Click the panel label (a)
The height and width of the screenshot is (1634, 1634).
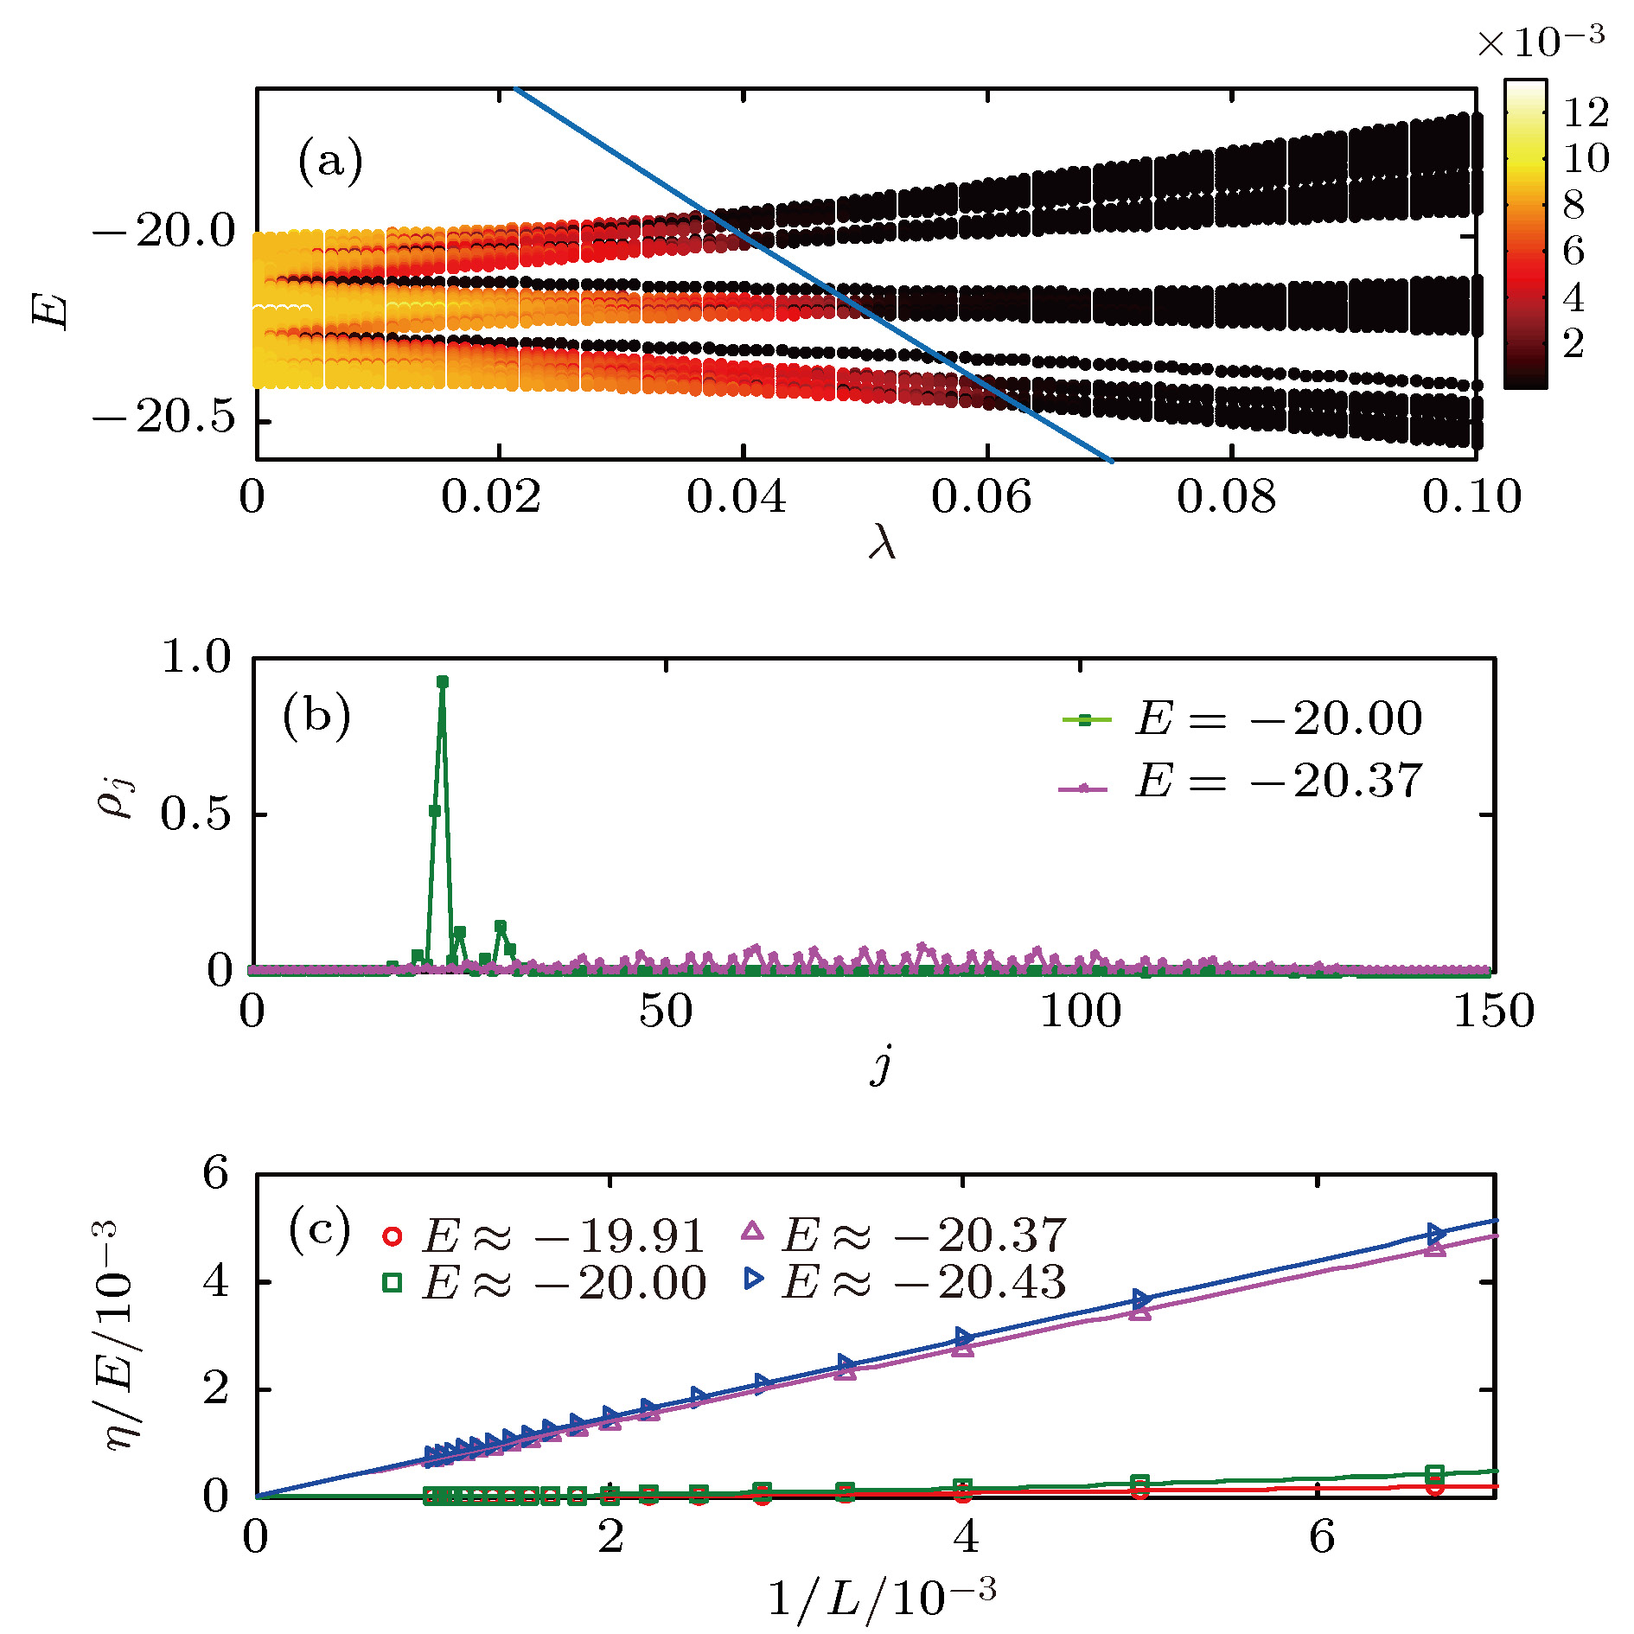tap(329, 162)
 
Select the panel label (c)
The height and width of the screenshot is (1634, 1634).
tap(319, 1230)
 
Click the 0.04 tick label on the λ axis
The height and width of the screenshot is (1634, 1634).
tap(736, 497)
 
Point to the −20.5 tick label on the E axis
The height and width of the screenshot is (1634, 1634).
tap(164, 418)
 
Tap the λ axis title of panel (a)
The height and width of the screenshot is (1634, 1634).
tap(882, 544)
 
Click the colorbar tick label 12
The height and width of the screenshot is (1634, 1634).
tap(1586, 112)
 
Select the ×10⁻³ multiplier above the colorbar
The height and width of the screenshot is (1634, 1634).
tap(1540, 41)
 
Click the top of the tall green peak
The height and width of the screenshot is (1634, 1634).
tap(443, 682)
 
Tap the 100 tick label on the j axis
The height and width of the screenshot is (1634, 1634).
tap(1080, 1011)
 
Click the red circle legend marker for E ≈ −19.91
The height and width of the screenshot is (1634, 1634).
tap(392, 1236)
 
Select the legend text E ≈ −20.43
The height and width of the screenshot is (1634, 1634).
tap(923, 1282)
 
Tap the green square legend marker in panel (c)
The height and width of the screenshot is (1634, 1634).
tap(392, 1283)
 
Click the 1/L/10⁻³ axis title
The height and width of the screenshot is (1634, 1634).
tap(881, 1596)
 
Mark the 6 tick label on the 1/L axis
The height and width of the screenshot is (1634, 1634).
tap(1321, 1537)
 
